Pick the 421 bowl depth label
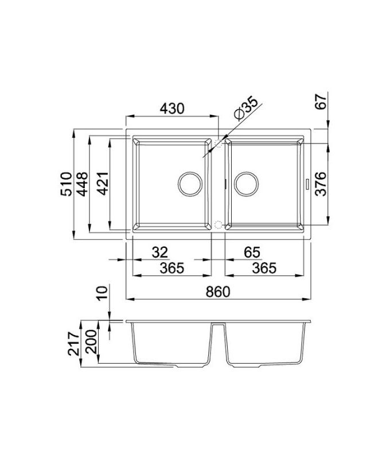[103, 184]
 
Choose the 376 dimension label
[322, 184]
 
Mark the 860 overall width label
[218, 291]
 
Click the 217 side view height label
[72, 344]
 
